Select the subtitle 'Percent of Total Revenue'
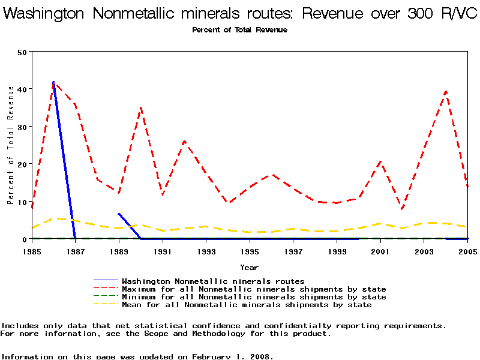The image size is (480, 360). [239, 29]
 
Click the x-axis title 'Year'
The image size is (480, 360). [250, 267]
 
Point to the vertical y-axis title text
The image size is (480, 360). [11, 145]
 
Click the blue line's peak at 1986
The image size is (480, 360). [53, 82]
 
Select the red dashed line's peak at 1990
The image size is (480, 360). [141, 107]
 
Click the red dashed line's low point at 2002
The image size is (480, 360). [403, 209]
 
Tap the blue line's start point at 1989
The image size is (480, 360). [119, 214]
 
